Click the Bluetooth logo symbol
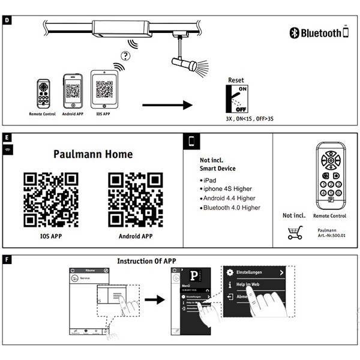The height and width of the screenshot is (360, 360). coord(294,33)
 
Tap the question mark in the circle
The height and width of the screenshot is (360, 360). coord(125,56)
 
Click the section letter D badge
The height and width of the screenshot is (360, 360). coord(7,20)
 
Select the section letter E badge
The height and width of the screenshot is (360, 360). coord(7,137)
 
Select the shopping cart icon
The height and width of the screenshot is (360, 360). coord(295,233)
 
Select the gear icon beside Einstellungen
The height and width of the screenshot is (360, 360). coord(230,272)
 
